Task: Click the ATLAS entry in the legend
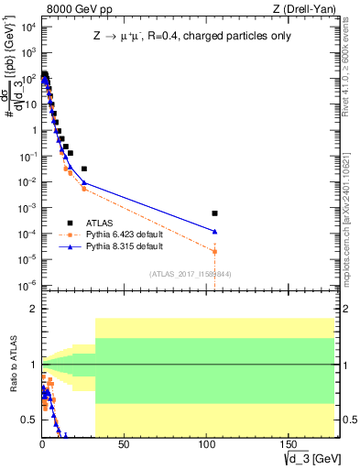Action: point(89,223)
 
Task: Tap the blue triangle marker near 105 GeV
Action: point(215,232)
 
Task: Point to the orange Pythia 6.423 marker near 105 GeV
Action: point(215,251)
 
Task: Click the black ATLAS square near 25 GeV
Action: point(84,169)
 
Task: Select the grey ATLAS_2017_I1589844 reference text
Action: point(191,274)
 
